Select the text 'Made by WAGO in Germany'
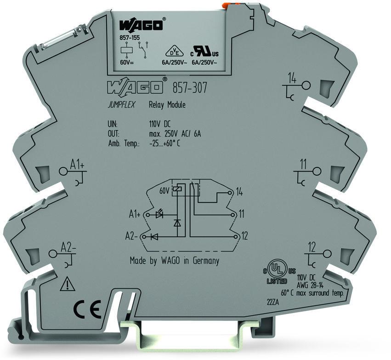pos(175,261)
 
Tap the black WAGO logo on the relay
pos(141,25)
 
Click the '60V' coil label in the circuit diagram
pos(164,190)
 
